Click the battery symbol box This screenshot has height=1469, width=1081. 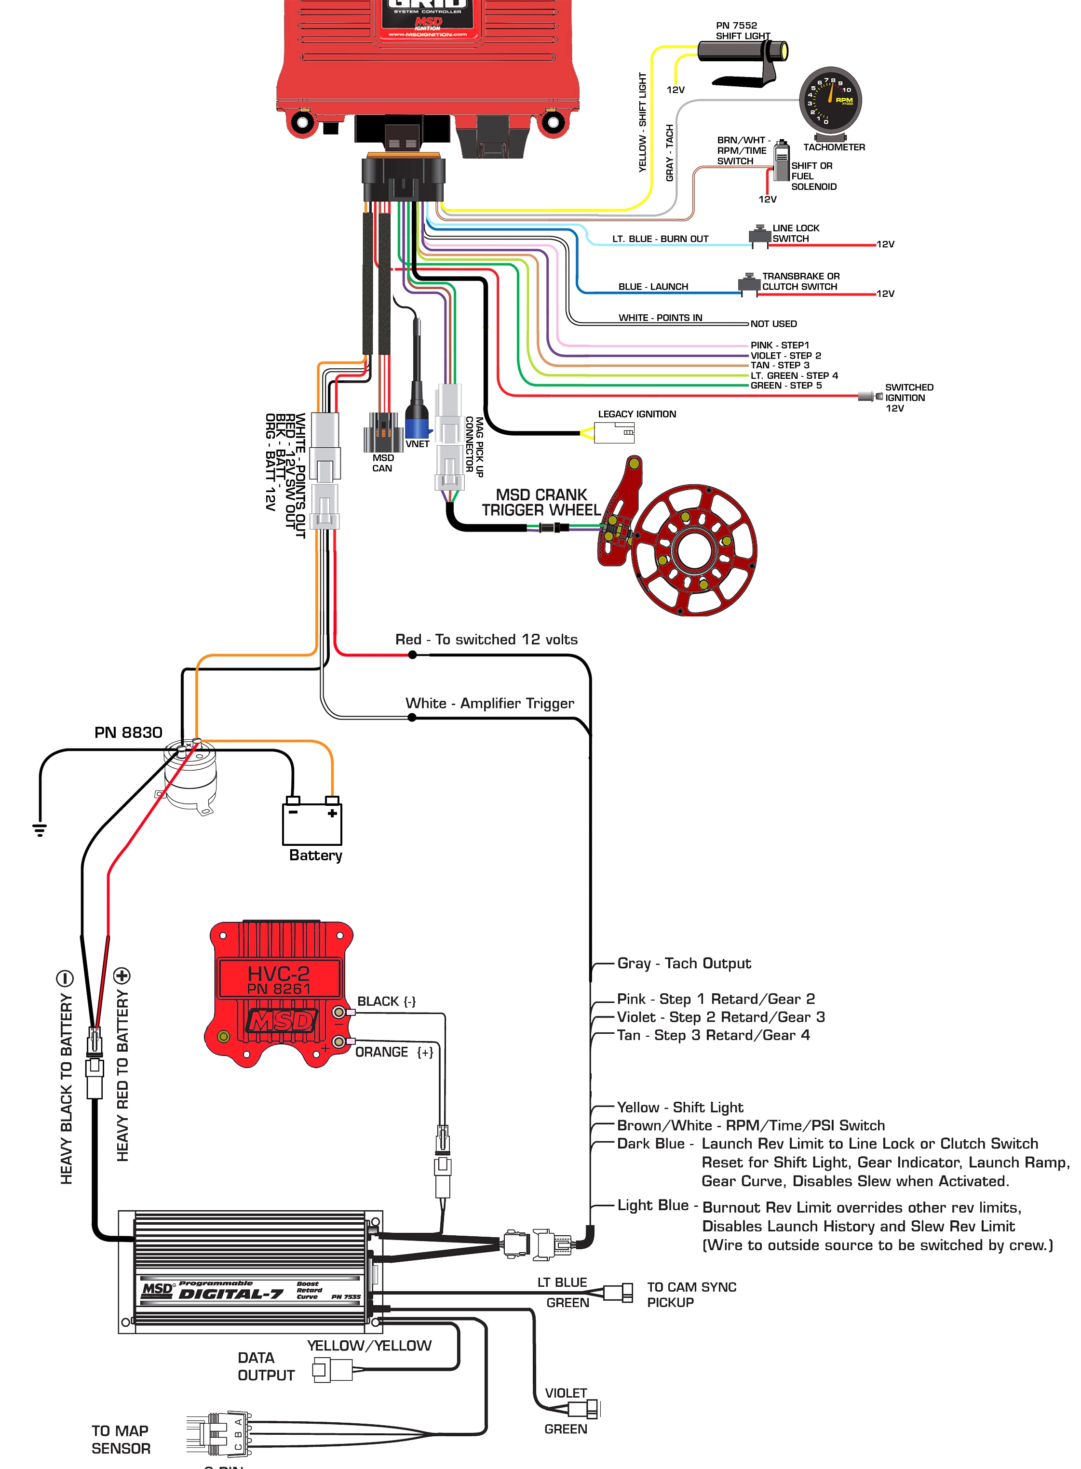312,824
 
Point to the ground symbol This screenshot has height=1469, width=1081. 40,829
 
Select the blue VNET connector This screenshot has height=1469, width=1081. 418,422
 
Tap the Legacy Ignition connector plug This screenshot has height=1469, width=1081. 614,432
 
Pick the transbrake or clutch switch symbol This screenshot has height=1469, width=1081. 749,283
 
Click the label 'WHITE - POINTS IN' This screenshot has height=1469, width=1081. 660,318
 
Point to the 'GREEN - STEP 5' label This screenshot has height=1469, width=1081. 786,386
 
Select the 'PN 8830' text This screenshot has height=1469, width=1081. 128,733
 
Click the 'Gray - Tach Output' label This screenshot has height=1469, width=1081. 684,963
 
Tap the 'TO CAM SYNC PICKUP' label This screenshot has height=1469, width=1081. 691,1295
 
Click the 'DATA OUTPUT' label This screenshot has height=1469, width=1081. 266,1366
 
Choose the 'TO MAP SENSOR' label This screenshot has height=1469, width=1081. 121,1440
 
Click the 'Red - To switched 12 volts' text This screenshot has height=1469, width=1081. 486,640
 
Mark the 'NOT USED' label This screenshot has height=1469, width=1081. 773,324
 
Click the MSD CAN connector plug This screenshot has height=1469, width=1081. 383,432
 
